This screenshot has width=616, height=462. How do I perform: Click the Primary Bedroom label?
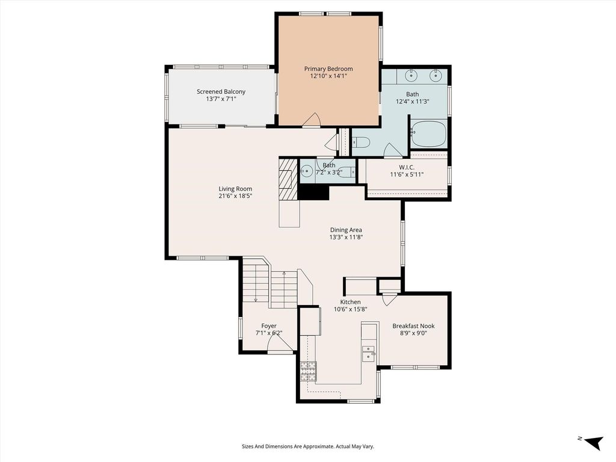tap(328, 69)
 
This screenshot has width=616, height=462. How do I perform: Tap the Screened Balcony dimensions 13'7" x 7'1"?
tap(221, 99)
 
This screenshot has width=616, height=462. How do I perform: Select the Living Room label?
tap(235, 188)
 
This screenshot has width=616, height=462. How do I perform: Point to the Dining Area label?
tap(346, 230)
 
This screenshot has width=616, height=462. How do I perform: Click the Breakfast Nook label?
tap(413, 325)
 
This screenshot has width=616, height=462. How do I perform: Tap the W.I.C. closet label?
tap(407, 167)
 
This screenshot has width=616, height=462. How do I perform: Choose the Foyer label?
tap(269, 325)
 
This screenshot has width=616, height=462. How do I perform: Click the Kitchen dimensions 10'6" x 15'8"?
tap(351, 309)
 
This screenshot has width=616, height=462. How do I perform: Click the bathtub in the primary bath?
tap(428, 134)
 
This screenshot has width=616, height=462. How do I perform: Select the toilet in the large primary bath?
tap(360, 142)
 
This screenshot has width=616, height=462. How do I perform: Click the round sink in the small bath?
tap(307, 171)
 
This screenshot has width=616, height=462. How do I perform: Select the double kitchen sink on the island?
tap(368, 353)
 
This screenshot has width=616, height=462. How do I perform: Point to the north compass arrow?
tap(594, 443)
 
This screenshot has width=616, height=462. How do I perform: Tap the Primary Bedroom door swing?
tap(312, 120)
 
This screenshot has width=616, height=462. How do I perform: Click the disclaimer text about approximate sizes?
tap(307, 446)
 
